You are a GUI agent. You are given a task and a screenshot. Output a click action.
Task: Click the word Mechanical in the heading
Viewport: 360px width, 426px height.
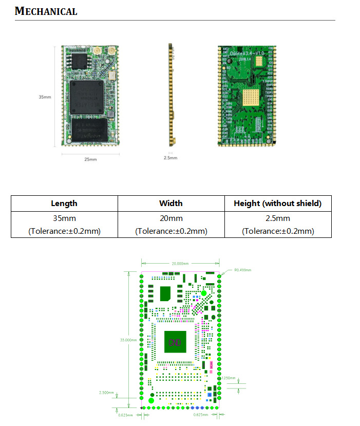click(x=46, y=11)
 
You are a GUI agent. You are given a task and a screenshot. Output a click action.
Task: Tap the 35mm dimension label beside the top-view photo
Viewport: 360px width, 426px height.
click(x=45, y=97)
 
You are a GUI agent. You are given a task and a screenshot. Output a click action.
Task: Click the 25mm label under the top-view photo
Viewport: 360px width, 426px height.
click(x=90, y=159)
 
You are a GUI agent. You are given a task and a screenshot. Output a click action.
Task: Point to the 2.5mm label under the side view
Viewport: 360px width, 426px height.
click(x=170, y=158)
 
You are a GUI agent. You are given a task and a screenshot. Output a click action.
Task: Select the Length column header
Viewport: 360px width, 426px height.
click(x=64, y=203)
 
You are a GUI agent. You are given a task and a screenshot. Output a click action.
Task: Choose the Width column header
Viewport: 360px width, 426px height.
click(x=171, y=203)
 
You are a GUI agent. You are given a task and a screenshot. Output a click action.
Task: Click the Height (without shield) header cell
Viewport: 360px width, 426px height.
click(x=278, y=203)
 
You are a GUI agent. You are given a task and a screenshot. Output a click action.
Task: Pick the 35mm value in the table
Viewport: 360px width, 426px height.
click(x=64, y=218)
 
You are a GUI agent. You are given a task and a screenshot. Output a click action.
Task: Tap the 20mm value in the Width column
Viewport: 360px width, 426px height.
click(x=171, y=218)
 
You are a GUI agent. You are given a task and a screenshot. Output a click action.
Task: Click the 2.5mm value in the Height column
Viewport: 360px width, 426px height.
click(x=278, y=218)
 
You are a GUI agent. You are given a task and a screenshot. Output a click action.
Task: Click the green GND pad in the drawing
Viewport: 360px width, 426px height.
click(x=175, y=342)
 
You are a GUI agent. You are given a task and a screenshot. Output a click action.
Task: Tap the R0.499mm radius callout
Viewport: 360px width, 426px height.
click(x=243, y=269)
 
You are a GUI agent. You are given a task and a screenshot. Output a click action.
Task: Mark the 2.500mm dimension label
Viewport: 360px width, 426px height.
click(x=106, y=393)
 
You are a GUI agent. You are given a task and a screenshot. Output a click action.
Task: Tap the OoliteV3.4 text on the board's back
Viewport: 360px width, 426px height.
click(x=244, y=53)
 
